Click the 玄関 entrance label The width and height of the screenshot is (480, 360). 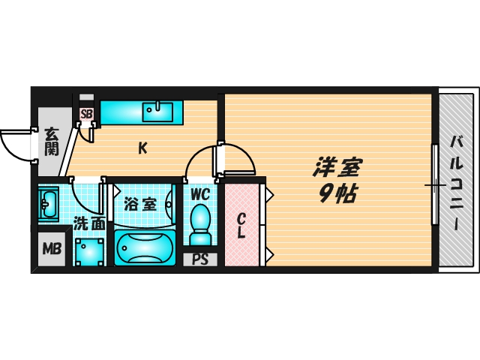point(51,141)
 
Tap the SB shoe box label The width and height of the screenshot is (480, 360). point(86,114)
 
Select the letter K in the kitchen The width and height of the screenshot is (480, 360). point(142,148)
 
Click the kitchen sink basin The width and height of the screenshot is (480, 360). point(158,112)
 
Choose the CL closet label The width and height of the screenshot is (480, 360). point(241,226)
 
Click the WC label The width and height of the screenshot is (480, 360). point(199,194)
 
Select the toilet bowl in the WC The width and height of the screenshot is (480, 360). point(200,222)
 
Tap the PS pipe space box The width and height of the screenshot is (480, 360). point(199,260)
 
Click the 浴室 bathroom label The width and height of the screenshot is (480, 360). point(139,203)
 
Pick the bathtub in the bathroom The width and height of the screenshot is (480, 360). point(145,248)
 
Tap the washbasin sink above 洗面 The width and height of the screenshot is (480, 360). point(49,203)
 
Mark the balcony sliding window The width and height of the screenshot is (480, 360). point(434,184)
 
